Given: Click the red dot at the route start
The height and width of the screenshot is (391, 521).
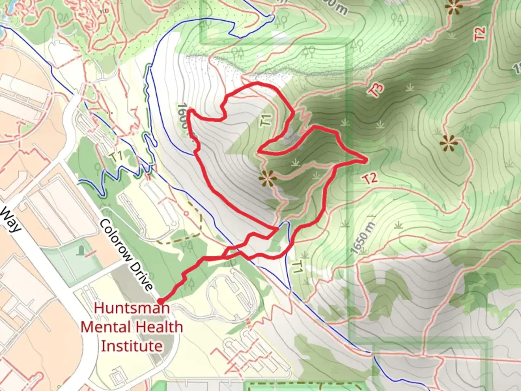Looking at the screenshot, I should coord(160,301).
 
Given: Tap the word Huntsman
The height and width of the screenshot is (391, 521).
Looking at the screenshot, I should coord(132,308).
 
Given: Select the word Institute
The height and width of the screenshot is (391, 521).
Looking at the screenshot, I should coord(132,346).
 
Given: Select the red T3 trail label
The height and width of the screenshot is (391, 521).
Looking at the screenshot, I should coord(376,89).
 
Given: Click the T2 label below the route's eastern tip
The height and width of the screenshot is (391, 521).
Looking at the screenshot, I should coord(370,178).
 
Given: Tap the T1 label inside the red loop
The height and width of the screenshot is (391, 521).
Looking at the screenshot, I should coord(266,120).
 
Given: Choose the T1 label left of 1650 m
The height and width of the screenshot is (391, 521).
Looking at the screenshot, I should coord(297,267).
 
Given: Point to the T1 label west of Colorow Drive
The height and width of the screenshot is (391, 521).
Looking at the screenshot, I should coord(117,157).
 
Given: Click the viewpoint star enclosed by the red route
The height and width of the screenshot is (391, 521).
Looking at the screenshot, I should coord(267,178).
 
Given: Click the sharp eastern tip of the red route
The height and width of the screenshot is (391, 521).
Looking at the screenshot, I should coord(367,160).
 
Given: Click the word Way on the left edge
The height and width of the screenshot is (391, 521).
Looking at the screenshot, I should coord(10,219).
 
